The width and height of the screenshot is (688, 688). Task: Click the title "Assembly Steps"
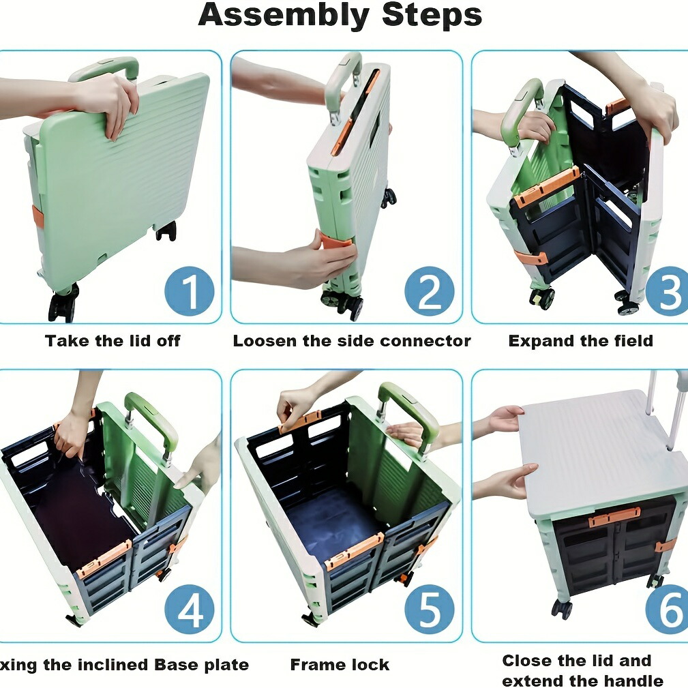point(340,16)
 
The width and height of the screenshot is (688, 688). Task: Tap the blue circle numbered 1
point(190,291)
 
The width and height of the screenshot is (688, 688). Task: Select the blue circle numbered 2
point(430,291)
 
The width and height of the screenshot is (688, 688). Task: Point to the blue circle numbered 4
point(190,610)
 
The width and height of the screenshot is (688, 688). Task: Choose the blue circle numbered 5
point(430,610)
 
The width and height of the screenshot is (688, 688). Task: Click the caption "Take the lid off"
point(113,341)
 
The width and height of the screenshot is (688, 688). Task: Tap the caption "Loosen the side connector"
point(352,341)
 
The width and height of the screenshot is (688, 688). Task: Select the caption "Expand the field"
point(580,341)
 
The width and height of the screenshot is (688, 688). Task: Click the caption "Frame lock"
point(340,665)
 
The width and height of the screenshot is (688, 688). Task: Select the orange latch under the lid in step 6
point(614,518)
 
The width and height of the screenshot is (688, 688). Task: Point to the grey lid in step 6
point(601,452)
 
